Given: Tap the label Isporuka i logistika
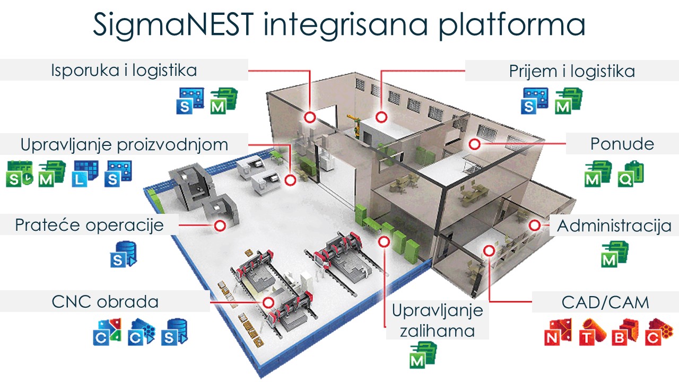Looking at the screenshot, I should [x=124, y=70].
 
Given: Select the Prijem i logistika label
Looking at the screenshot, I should [x=572, y=71].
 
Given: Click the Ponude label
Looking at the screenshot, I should [x=622, y=144].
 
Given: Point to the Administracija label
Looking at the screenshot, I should [x=614, y=225].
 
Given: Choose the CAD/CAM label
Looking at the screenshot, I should [x=605, y=302].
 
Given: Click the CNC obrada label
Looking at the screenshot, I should [x=105, y=302].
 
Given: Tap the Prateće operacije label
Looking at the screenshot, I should [x=89, y=225].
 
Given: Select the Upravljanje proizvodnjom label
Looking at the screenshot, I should [x=124, y=144].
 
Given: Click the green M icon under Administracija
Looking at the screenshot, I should [x=614, y=253].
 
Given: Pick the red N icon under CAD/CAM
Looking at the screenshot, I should [x=558, y=332].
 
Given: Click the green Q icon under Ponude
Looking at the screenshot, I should [x=631, y=173].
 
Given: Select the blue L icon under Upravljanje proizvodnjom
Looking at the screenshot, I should [x=85, y=173].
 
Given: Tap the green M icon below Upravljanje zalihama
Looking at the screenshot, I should [x=422, y=355].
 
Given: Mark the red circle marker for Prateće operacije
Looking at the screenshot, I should [x=220, y=225].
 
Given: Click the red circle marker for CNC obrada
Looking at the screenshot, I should [x=268, y=302].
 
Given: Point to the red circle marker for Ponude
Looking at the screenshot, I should [x=474, y=144].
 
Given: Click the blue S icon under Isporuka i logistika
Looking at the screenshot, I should [x=190, y=101].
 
